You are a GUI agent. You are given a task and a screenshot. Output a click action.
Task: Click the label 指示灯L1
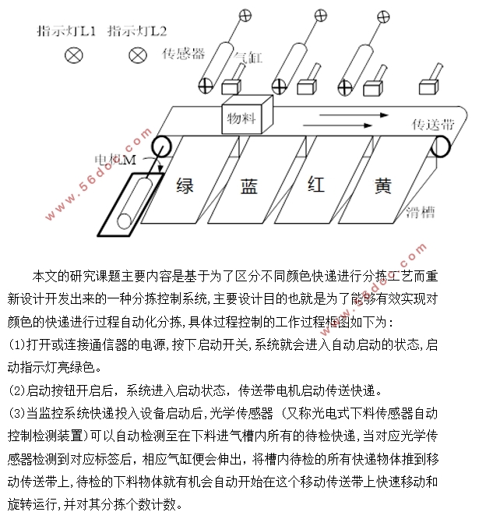tap(67, 32)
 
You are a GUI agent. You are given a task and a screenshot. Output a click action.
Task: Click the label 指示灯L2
tap(137, 32)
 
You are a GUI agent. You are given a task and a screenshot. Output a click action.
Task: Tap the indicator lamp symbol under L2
tap(138, 55)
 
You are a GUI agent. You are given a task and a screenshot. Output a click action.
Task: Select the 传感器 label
tap(183, 54)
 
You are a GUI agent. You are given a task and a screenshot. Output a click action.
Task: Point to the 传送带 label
tap(432, 124)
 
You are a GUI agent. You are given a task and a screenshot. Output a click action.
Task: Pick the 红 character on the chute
tap(315, 185)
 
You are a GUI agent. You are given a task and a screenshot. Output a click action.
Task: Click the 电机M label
tap(116, 159)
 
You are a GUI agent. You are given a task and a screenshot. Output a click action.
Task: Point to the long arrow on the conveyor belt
tap(335, 123)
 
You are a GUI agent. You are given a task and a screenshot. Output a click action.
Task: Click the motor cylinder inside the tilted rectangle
tap(134, 202)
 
